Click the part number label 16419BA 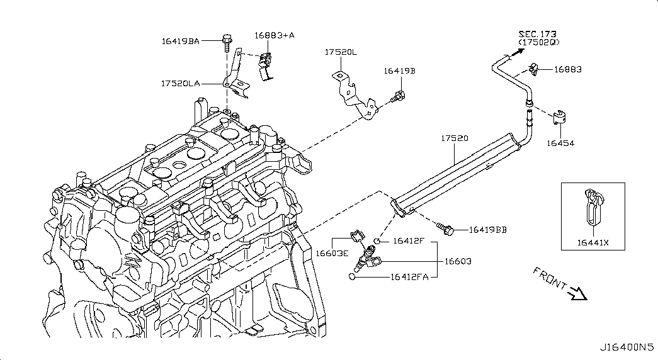[181, 41]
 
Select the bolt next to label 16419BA [226, 42]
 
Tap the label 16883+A [275, 35]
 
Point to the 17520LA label [181, 84]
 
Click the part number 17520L [341, 52]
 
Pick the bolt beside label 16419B [397, 98]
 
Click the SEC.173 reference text [538, 34]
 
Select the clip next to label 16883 [533, 69]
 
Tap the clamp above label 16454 [559, 117]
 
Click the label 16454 [560, 143]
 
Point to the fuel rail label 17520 [455, 138]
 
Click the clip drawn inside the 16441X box [593, 206]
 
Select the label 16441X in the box [593, 242]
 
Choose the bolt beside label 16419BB [445, 228]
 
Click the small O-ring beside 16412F [377, 241]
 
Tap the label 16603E [332, 254]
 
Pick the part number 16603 [458, 261]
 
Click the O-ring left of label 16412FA [352, 276]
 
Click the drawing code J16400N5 [627, 347]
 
